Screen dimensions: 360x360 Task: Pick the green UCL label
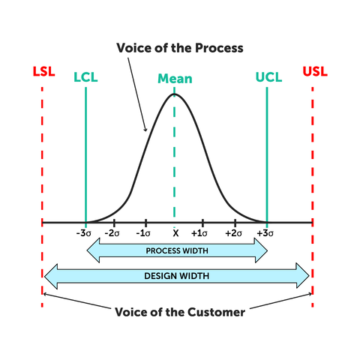click(267, 77)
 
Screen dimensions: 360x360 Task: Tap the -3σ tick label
click(84, 233)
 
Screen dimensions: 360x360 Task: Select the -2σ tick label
click(113, 233)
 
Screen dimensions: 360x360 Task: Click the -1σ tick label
click(144, 233)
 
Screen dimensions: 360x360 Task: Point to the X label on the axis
click(175, 233)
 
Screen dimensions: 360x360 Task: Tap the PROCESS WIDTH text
click(177, 250)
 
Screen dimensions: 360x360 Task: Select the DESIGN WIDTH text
click(177, 275)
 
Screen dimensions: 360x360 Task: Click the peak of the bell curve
click(175, 94)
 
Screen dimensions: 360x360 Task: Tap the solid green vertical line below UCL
click(267, 150)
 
